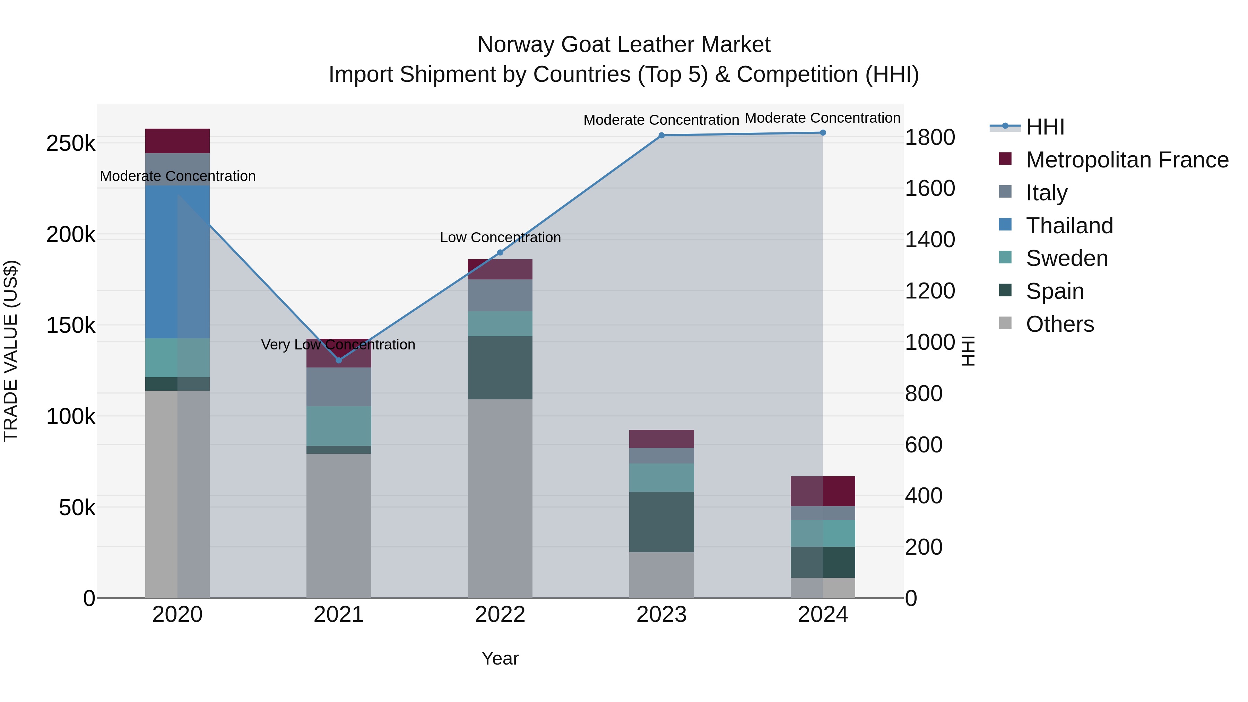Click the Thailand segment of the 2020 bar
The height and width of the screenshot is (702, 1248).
177,262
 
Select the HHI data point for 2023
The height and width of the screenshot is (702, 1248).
661,136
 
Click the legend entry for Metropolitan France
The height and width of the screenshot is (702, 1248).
1127,160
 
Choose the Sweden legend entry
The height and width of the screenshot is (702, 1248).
1066,258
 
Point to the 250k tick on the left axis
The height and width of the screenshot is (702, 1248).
71,144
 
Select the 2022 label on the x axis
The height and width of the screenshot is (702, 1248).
500,615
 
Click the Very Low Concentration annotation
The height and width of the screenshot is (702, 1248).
338,345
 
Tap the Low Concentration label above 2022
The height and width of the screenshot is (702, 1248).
500,237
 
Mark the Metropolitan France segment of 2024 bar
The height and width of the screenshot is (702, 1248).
823,491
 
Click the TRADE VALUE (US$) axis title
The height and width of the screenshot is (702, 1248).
11,351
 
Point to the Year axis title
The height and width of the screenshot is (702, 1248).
500,658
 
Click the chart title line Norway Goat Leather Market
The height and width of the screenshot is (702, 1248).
624,45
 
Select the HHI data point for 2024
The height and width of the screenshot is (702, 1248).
823,133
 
